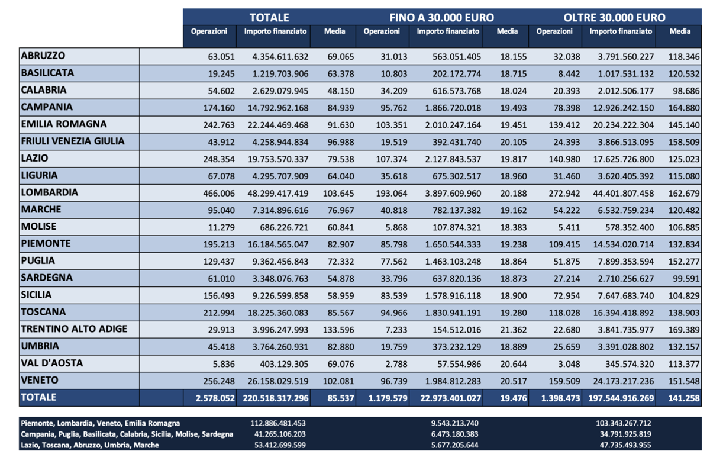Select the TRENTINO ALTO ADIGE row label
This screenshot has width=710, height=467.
74,329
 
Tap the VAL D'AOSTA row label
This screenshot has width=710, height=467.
52,363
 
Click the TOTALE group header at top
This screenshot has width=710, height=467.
269,17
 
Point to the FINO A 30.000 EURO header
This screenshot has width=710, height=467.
441,17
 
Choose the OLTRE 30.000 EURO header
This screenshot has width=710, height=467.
614,17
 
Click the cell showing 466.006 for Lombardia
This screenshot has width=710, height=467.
220,194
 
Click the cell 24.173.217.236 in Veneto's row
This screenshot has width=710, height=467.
621,381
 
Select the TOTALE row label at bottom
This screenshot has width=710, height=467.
39,398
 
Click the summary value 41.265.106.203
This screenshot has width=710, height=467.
277,434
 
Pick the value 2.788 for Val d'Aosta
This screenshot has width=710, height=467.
396,363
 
